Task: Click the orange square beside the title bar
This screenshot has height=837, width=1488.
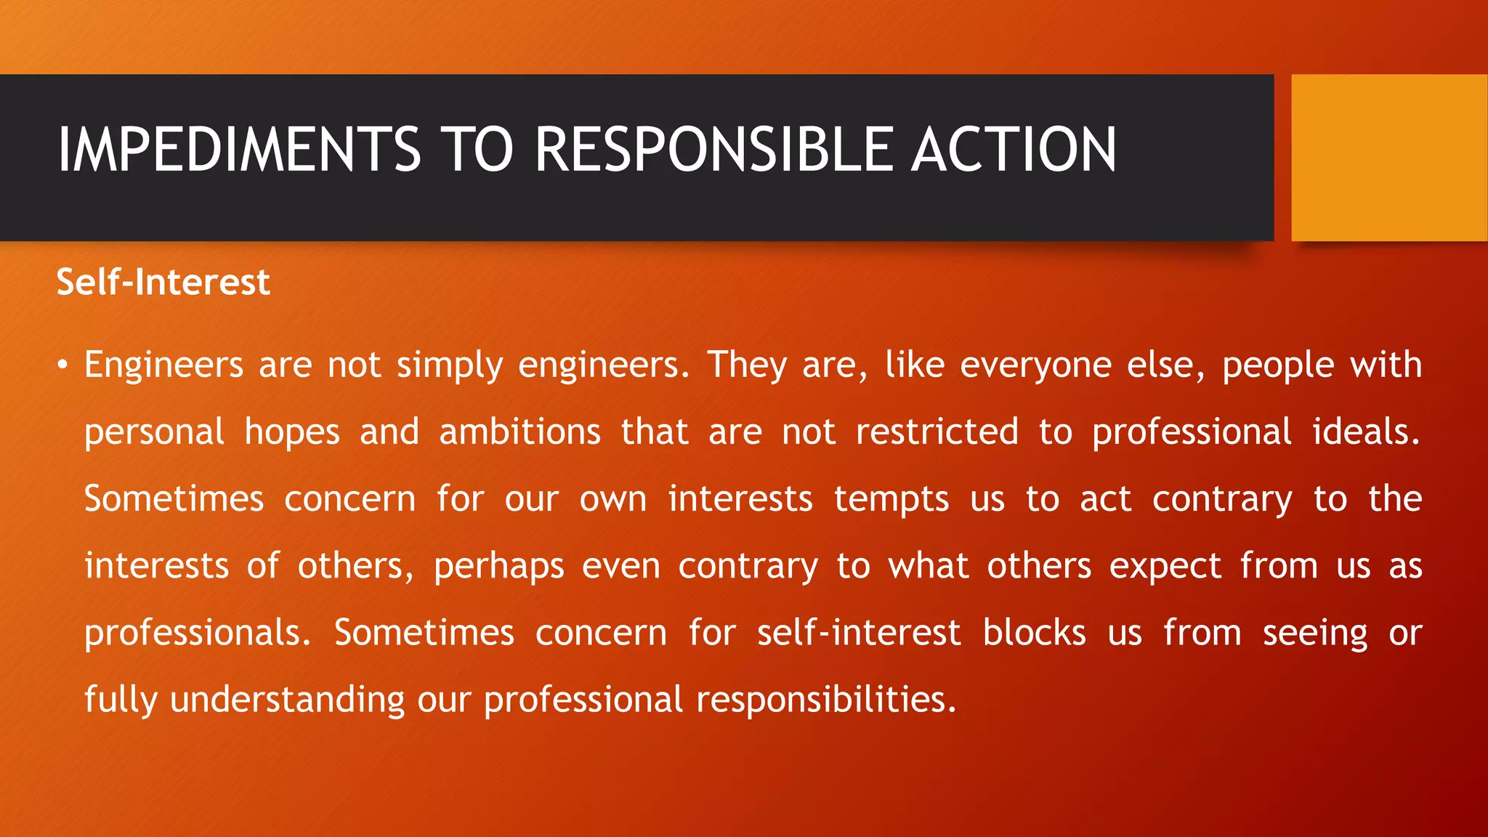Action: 1388,158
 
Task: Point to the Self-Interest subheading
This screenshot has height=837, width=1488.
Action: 163,282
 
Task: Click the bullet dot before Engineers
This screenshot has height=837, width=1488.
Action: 63,365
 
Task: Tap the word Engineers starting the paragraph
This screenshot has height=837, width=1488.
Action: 163,365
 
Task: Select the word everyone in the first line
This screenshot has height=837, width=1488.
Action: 1035,365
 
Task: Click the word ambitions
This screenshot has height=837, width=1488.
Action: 519,432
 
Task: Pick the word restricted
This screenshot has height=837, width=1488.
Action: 937,432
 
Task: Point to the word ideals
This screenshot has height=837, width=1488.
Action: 1365,432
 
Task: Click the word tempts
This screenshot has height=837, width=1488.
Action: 891,499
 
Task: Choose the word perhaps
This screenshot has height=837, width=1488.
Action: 498,567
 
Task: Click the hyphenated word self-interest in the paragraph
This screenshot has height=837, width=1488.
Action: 858,632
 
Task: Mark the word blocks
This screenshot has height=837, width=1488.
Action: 1034,632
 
